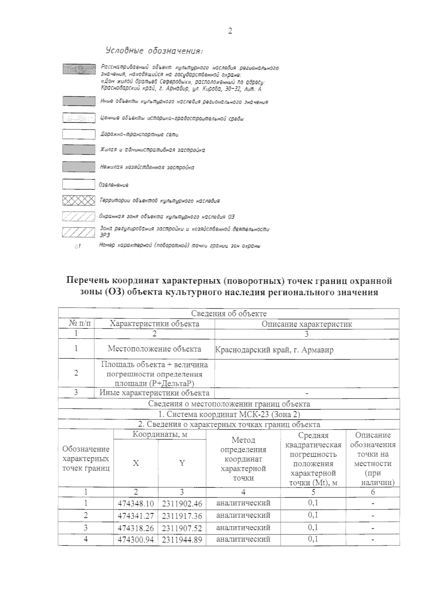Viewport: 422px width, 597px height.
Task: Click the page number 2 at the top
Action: [x=230, y=31]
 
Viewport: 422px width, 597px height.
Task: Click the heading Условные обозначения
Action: [x=154, y=51]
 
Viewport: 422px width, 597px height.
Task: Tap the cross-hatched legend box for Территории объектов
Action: [x=78, y=201]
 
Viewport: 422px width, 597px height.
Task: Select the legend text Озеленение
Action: [x=114, y=185]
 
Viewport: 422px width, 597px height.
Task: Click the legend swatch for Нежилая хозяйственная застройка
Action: [x=78, y=167]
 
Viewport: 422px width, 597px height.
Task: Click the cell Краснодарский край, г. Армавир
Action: [x=274, y=350]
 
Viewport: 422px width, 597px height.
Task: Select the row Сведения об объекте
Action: [x=229, y=313]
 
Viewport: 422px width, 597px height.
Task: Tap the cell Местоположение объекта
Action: [x=154, y=349]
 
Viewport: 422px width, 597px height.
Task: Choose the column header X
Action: [x=136, y=463]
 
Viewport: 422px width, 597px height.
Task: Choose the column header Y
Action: [x=182, y=463]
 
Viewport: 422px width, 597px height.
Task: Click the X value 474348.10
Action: [x=135, y=503]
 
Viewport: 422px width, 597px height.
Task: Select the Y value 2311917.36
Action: [x=182, y=516]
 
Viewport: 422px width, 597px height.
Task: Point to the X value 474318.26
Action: [x=135, y=528]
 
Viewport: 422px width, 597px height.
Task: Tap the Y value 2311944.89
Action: [x=182, y=540]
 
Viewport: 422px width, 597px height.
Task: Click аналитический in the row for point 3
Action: [x=243, y=528]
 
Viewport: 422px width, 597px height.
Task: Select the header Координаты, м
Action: [x=160, y=435]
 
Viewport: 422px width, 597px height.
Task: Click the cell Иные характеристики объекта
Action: [x=154, y=393]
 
